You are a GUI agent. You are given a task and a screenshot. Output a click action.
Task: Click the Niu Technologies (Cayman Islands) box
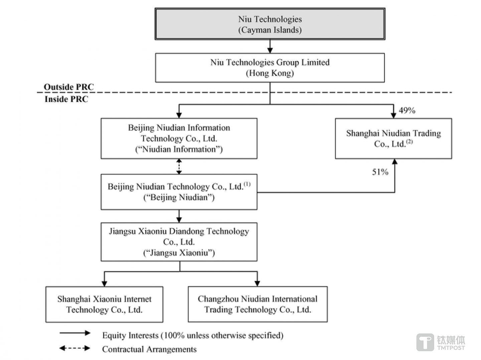[270, 24]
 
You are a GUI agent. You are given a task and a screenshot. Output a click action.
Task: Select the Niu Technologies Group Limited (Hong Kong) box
[270, 68]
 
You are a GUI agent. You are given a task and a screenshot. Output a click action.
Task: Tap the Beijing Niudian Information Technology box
[179, 138]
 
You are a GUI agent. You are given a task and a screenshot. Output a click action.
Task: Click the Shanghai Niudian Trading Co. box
[393, 138]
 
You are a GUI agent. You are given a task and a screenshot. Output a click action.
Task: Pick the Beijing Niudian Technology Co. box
[179, 192]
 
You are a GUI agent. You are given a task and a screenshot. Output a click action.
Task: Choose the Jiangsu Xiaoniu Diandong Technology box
[179, 242]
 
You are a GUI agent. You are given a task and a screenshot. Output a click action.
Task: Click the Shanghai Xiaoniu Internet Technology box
[104, 304]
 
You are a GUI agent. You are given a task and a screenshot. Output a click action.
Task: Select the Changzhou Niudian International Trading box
[258, 304]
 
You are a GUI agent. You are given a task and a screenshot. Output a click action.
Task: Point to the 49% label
[407, 110]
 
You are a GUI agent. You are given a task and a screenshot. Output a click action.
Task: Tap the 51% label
[380, 172]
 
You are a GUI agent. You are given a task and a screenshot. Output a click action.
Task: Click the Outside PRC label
[69, 87]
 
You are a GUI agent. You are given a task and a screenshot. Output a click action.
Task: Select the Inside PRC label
[66, 99]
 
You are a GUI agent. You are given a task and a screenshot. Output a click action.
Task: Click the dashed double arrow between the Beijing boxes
[179, 166]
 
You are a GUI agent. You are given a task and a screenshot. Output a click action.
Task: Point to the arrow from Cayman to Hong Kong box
[270, 46]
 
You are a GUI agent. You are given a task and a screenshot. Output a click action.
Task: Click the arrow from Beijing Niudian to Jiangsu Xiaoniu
[179, 216]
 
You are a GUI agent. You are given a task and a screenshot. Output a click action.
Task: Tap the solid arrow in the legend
[75, 333]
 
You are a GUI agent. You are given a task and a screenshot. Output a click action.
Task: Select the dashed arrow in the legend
[75, 348]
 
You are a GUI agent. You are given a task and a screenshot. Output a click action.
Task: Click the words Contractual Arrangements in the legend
[149, 349]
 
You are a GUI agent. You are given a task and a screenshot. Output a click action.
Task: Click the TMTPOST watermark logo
[441, 342]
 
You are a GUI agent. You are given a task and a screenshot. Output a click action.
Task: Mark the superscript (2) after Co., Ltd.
[410, 141]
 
